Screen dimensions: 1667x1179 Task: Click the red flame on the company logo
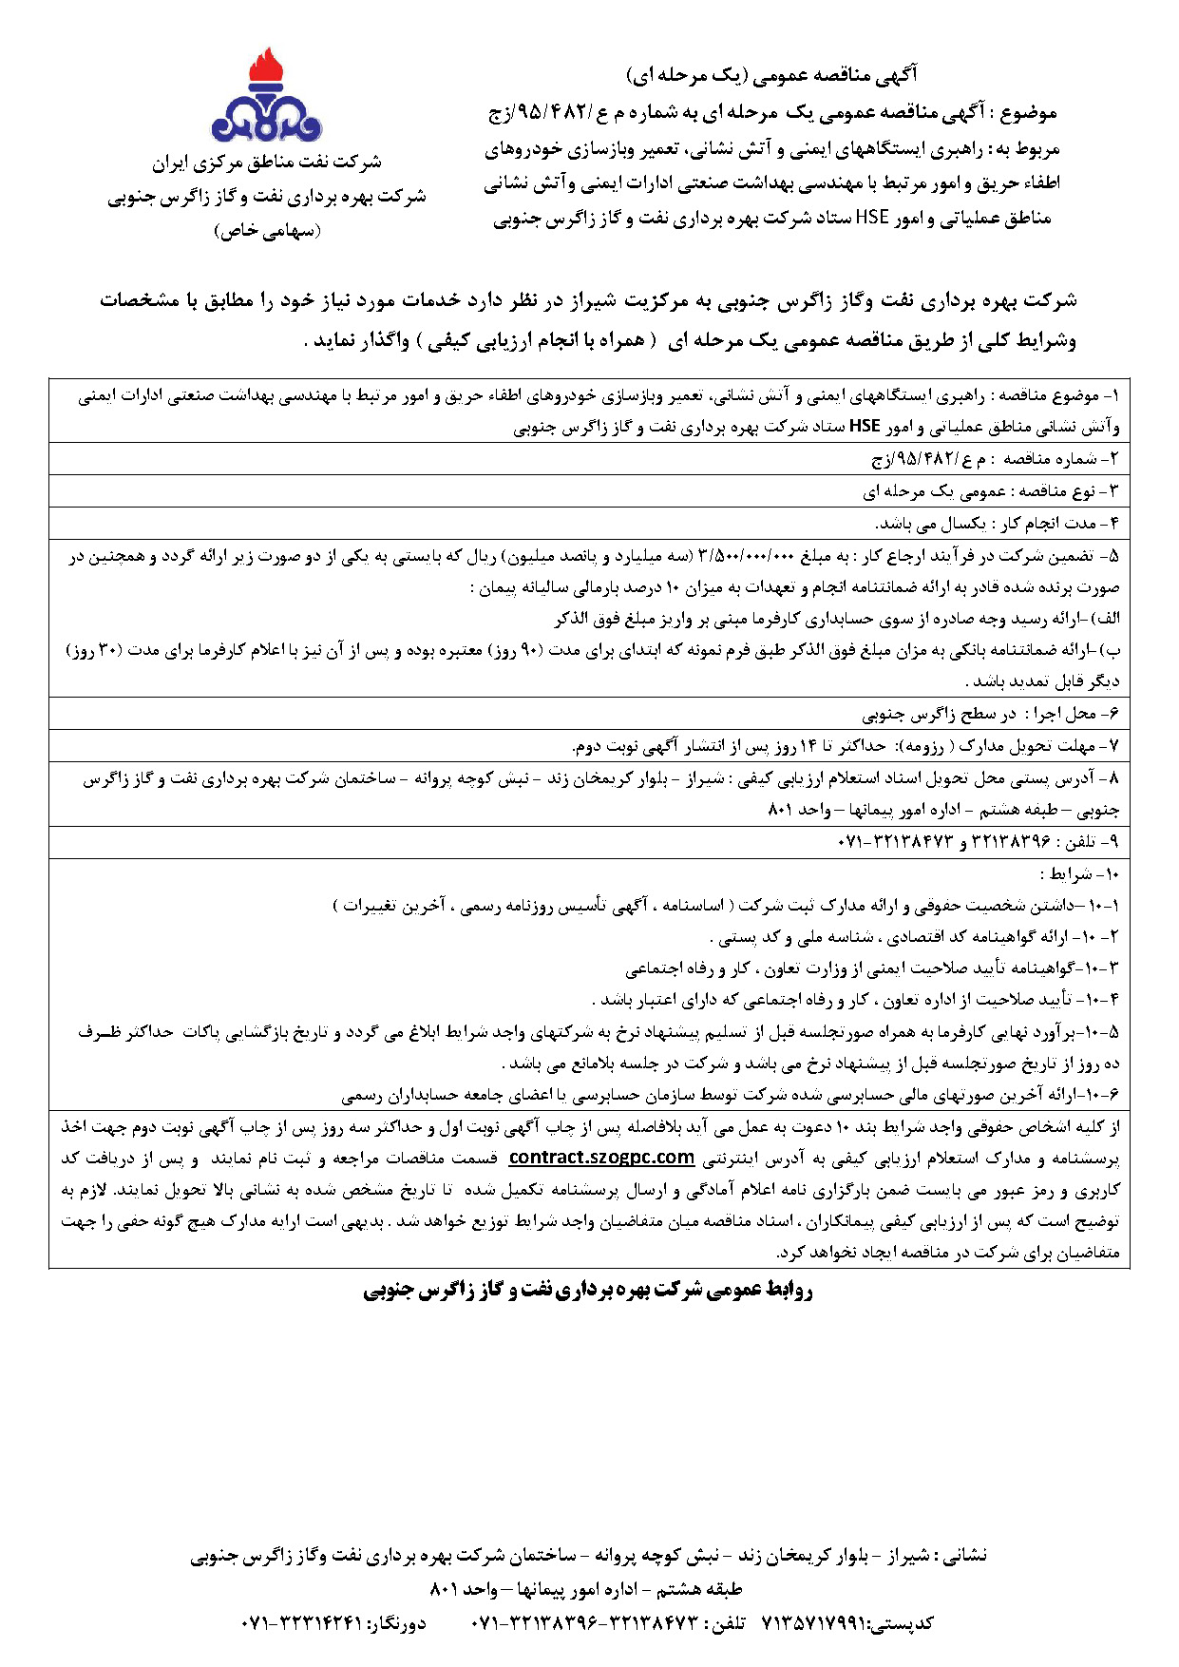click(267, 69)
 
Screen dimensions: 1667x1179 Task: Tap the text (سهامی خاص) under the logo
click(267, 231)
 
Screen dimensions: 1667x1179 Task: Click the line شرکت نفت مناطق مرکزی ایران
click(267, 163)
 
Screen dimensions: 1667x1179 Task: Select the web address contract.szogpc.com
click(601, 1158)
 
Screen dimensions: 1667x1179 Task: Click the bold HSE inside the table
click(865, 427)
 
